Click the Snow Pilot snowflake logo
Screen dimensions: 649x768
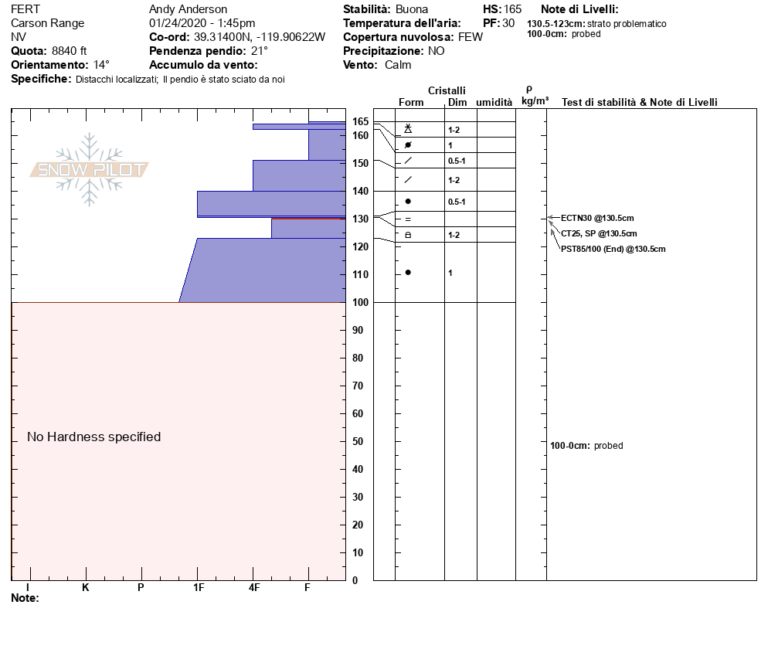[90, 169]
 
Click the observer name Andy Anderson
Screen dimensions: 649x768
[188, 9]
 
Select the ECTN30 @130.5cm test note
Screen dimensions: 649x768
[597, 218]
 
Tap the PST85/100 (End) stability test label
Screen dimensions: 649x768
[613, 249]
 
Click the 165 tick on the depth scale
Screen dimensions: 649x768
[361, 121]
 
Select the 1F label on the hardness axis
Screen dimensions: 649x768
[199, 587]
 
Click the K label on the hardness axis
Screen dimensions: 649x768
[86, 587]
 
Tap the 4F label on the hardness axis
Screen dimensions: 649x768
[254, 587]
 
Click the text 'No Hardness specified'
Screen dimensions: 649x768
[94, 437]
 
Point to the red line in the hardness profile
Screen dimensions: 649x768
[308, 219]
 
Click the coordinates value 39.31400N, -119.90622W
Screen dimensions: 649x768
[259, 37]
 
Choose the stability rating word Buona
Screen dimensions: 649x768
[412, 9]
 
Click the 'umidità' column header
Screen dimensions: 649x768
[494, 102]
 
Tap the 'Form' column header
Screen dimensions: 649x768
[411, 102]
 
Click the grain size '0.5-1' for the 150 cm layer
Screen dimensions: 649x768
[457, 161]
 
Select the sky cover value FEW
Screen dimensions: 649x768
[471, 37]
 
